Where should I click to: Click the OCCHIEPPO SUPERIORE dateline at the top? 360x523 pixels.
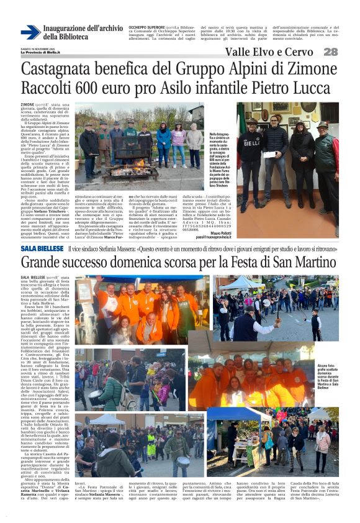point(144,27)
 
